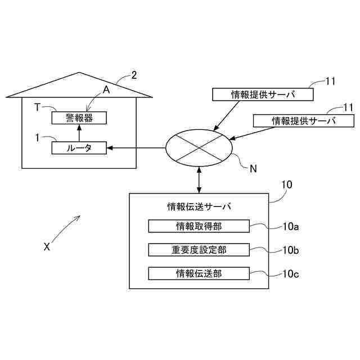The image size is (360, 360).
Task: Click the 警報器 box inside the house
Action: [x=79, y=118]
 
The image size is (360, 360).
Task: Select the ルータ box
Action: [x=79, y=148]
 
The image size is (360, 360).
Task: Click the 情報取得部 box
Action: [x=199, y=226]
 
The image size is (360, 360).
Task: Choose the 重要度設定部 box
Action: [x=199, y=249]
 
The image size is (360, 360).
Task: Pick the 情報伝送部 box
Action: [x=199, y=273]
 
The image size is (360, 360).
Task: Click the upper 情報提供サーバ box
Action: [x=263, y=94]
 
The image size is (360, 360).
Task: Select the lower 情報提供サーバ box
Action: [x=304, y=120]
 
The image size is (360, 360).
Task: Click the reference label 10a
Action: [x=290, y=227]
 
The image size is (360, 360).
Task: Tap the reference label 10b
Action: [x=290, y=250]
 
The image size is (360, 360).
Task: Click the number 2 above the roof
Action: [x=134, y=75]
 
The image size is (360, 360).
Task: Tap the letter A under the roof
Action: [x=106, y=89]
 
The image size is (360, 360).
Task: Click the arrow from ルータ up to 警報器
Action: [x=79, y=133]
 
